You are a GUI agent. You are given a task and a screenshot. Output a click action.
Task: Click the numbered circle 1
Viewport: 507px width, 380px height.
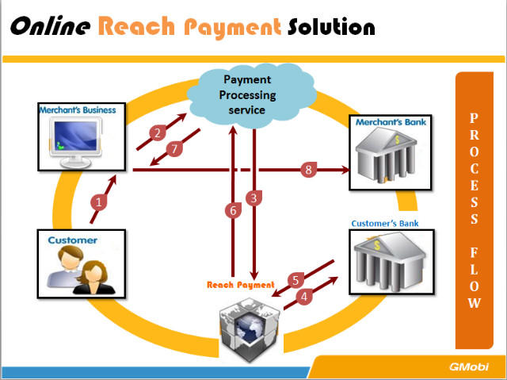(x=98, y=202)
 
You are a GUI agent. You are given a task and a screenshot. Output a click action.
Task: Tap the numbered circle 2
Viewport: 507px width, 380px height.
(x=158, y=132)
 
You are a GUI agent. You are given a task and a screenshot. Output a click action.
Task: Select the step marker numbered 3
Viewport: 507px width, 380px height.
(x=253, y=198)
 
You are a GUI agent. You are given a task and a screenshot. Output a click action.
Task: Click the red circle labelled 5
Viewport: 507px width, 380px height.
(x=295, y=280)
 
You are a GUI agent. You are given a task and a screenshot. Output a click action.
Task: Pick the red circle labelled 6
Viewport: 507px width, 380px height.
(x=232, y=211)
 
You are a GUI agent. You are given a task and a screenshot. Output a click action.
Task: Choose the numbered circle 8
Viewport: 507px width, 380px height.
(x=309, y=169)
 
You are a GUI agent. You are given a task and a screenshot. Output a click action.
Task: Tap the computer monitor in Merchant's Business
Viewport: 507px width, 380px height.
(x=77, y=140)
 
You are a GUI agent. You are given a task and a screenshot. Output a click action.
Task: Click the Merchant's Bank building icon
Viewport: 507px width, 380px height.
(x=392, y=155)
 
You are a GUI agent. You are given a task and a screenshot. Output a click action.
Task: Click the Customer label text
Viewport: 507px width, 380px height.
(x=73, y=240)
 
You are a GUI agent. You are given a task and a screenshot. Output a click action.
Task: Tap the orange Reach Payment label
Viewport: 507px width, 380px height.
(x=241, y=284)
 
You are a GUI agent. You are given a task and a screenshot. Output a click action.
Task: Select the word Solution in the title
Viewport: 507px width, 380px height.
(x=330, y=27)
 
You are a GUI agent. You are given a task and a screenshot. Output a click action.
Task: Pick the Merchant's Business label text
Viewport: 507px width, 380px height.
(x=78, y=110)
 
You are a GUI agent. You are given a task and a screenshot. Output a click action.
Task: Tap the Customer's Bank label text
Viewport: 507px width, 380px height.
(x=384, y=224)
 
